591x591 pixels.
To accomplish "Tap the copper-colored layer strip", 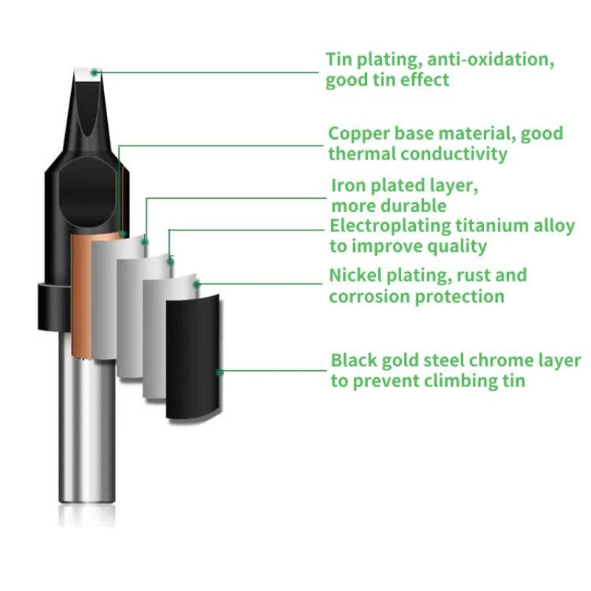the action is (82, 295).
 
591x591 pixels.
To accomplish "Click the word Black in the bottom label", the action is (355, 361).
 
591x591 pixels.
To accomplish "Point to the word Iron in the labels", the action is (346, 185).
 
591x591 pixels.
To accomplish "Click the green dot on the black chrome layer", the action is (219, 372).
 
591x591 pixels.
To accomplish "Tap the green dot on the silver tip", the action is (95, 72).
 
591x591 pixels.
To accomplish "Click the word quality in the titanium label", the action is (456, 246).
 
